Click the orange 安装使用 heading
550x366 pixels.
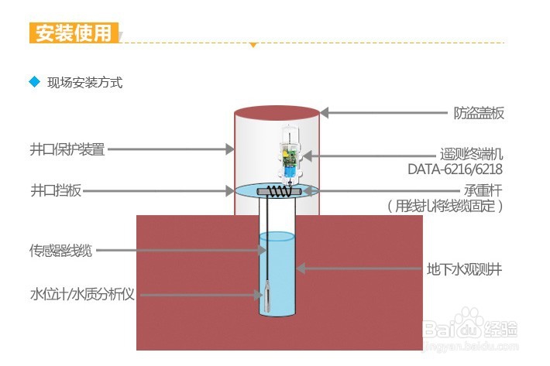click(x=74, y=33)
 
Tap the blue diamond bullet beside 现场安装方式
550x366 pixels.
click(x=33, y=81)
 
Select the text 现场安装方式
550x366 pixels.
click(x=84, y=82)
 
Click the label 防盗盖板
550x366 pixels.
click(x=478, y=113)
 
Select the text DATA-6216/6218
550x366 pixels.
click(x=455, y=169)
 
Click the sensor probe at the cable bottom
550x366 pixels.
click(x=266, y=296)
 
